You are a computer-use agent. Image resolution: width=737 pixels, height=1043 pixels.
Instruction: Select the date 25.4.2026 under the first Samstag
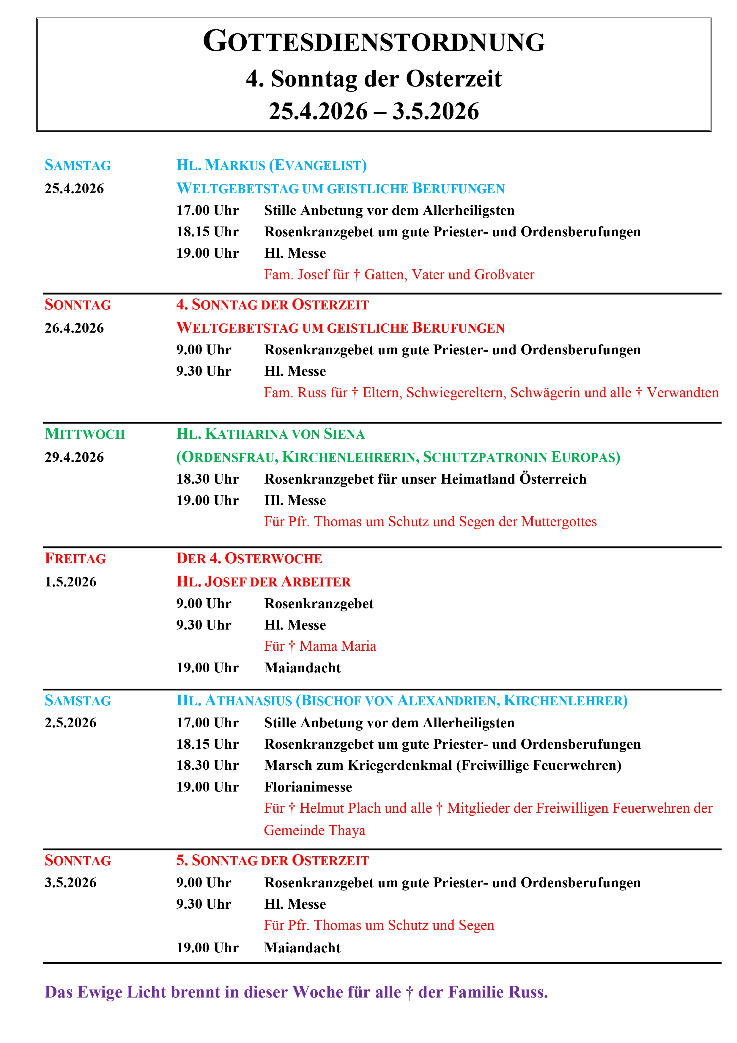click(x=74, y=188)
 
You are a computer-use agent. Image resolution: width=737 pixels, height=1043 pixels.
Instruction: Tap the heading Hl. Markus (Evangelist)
click(x=271, y=165)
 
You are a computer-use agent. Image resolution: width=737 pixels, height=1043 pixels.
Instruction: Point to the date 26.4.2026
click(x=74, y=328)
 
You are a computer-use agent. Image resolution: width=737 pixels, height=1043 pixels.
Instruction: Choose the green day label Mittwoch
click(x=84, y=434)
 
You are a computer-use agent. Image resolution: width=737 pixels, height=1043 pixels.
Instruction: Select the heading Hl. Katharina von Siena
click(x=270, y=434)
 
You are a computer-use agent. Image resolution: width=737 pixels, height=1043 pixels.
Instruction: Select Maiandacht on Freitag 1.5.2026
click(x=303, y=668)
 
